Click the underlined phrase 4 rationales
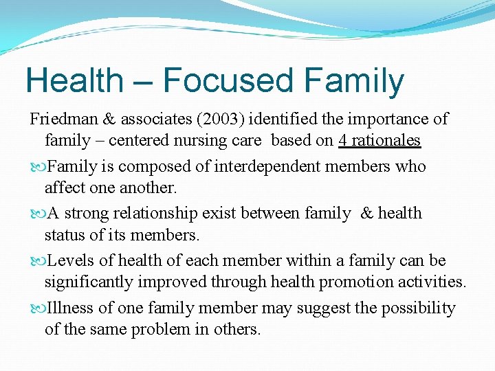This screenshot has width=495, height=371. pos(379,140)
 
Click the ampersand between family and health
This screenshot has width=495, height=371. pos(367,214)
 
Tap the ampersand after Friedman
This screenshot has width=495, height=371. pos(109,119)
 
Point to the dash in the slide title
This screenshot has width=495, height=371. pos(141,82)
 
